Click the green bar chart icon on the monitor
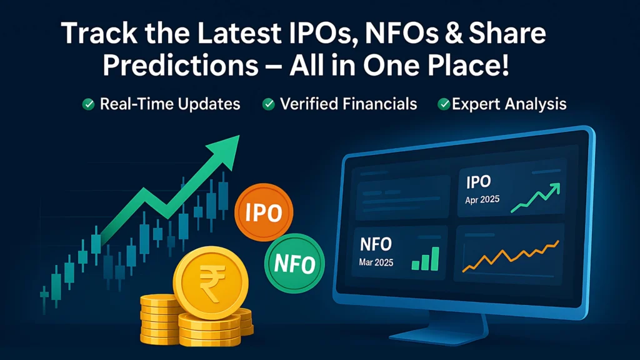tap(426, 258)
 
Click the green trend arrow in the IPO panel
tap(534, 197)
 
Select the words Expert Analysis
tap(509, 104)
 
